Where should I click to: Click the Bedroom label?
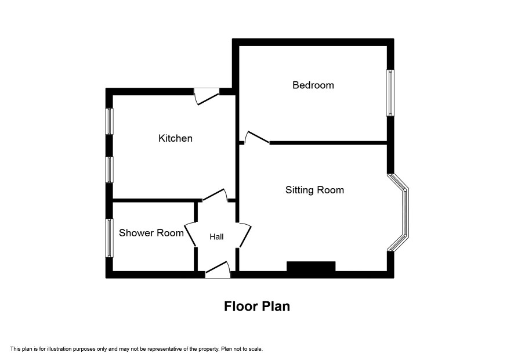tap(313, 85)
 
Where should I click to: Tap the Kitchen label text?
tap(175, 138)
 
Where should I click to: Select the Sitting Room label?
tap(314, 190)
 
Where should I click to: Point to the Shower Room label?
tap(151, 233)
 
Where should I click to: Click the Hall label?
tap(216, 236)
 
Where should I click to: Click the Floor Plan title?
tap(257, 306)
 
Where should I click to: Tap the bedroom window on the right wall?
tap(390, 93)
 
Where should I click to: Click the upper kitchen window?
tap(109, 121)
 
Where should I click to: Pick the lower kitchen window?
tap(109, 170)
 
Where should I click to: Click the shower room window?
tap(109, 238)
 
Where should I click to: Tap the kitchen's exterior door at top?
tap(206, 96)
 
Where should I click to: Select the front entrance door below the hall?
tap(218, 270)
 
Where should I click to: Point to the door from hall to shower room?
tap(190, 235)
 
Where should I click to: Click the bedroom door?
tap(257, 138)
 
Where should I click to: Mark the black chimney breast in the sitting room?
tap(311, 267)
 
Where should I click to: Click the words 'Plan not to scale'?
tap(242, 349)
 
